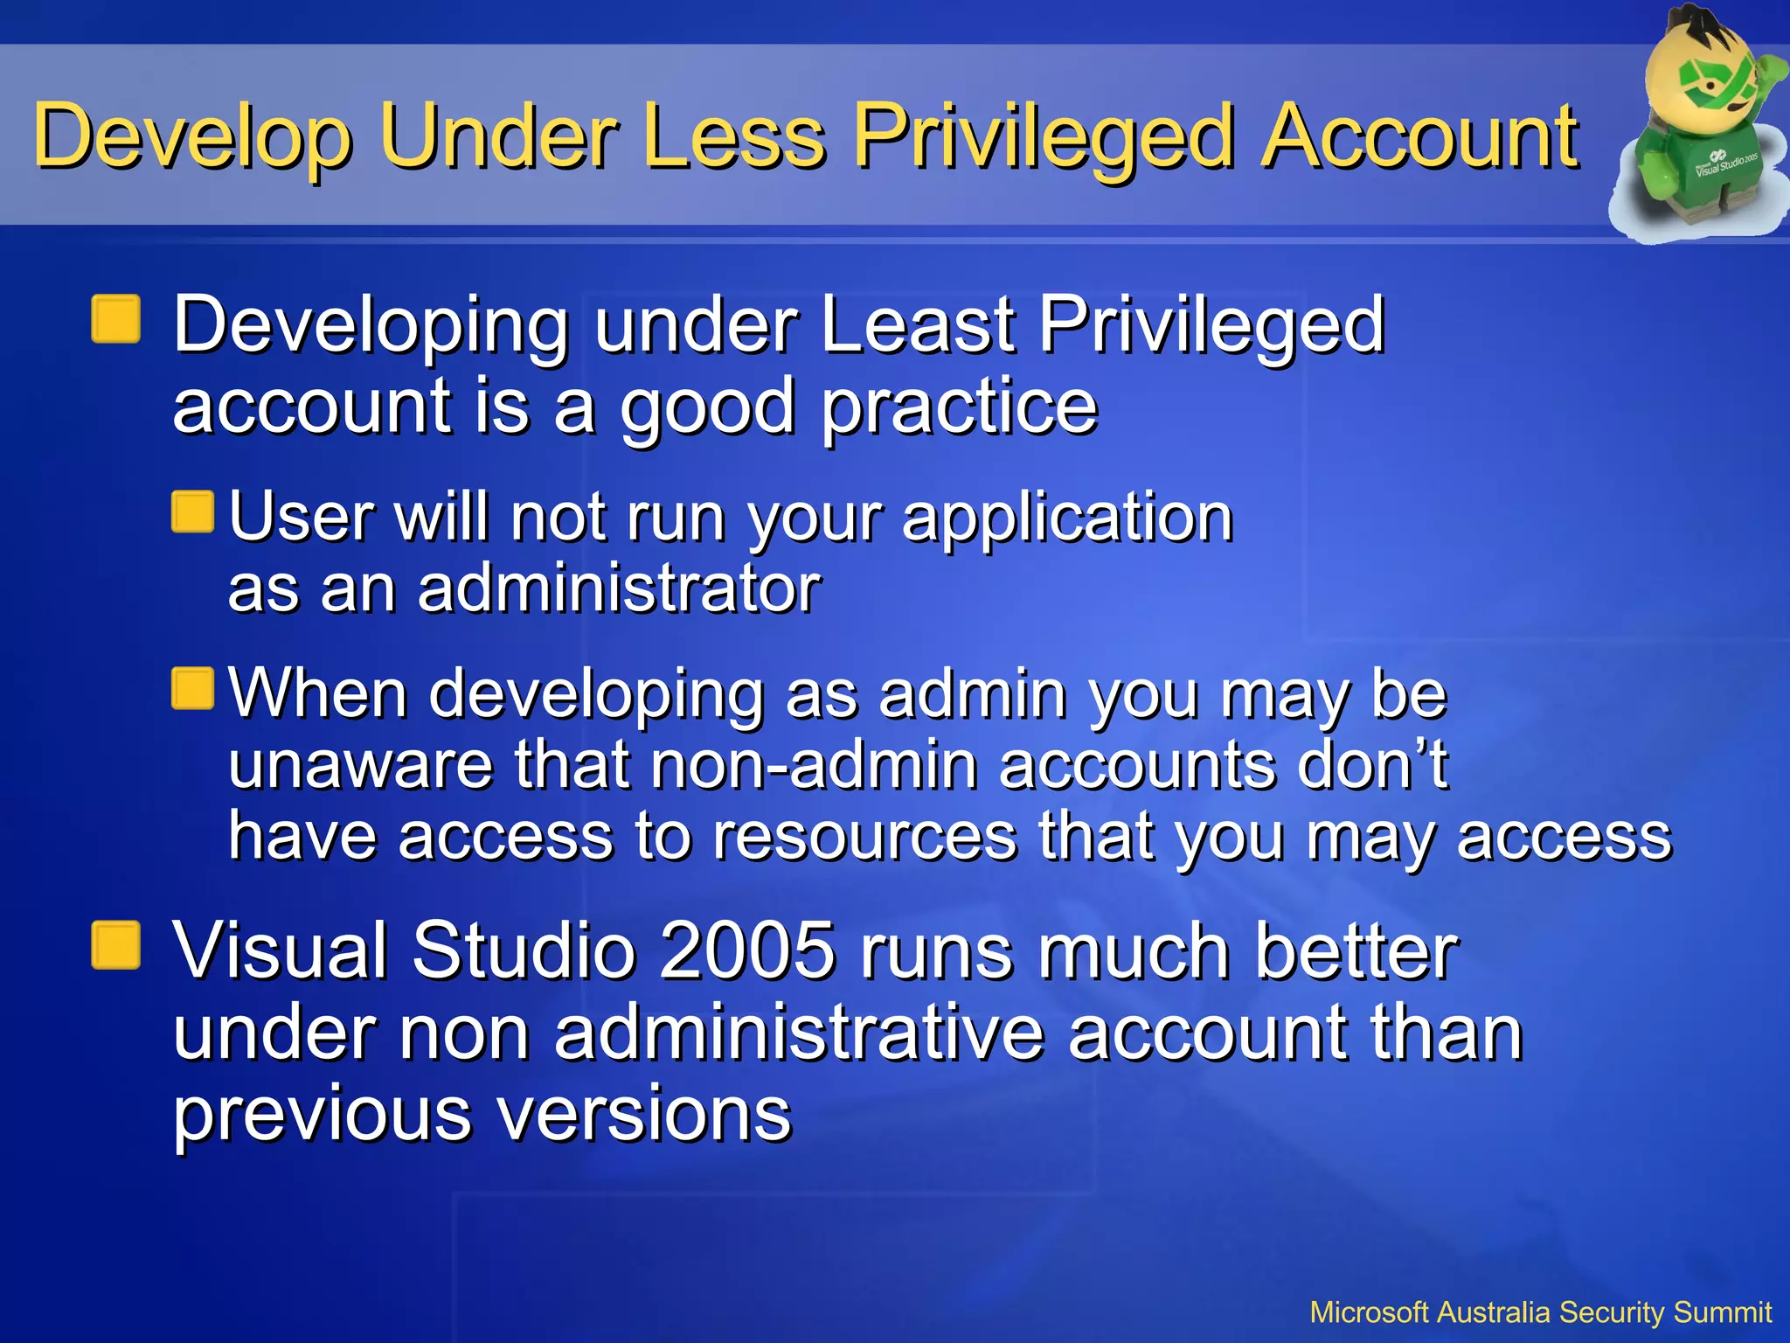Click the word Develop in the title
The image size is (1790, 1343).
(192, 137)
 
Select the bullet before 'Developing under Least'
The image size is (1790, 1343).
(116, 320)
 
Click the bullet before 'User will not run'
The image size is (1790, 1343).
(193, 512)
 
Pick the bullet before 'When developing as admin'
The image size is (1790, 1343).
(193, 689)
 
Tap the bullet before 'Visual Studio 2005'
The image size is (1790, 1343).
(116, 946)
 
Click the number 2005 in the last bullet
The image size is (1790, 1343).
(747, 951)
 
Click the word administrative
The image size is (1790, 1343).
(799, 1033)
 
